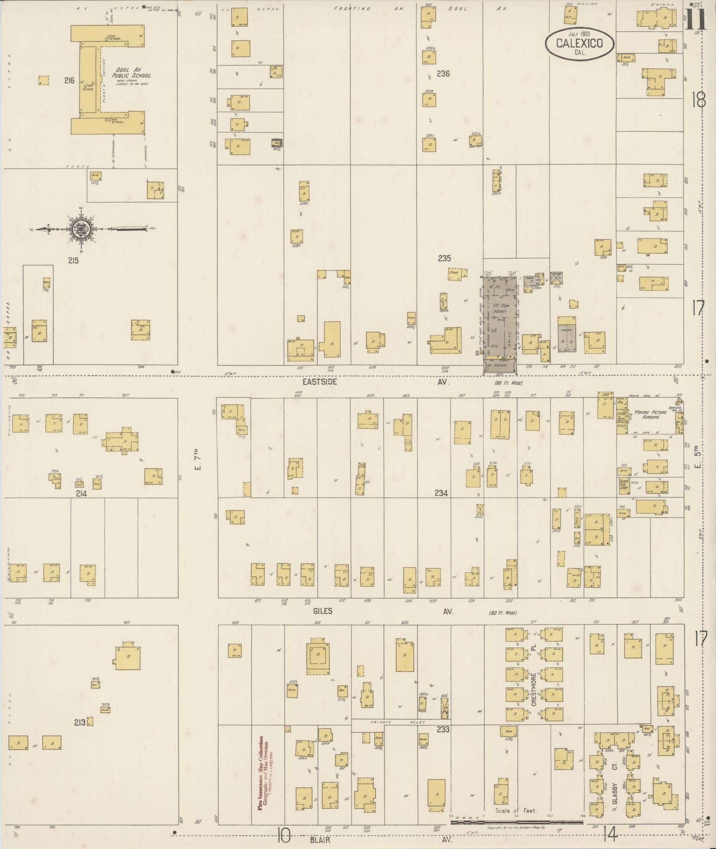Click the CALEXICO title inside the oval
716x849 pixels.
click(580, 43)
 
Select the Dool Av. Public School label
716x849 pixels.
click(133, 73)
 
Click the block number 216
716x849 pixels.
click(69, 81)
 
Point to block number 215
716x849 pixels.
click(73, 261)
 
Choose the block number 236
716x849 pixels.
click(443, 74)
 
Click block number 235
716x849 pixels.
click(444, 258)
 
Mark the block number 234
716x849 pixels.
click(441, 493)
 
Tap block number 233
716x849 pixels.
click(443, 729)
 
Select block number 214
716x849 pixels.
click(81, 494)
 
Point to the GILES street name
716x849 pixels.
click(322, 611)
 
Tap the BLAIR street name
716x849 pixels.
click(321, 840)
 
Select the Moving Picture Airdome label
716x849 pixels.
click(650, 415)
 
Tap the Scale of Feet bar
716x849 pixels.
click(516, 822)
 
